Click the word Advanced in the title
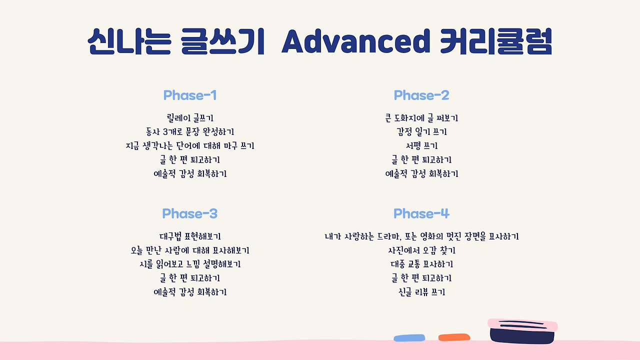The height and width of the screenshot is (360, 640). tap(356, 41)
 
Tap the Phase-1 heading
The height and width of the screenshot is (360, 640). tap(190, 95)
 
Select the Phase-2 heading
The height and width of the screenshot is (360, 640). tap(421, 95)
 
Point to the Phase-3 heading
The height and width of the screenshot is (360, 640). tap(190, 213)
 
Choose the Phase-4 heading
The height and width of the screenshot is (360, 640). tap(421, 213)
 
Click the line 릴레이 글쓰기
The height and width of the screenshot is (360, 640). tap(190, 117)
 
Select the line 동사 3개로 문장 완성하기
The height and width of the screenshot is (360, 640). tap(190, 131)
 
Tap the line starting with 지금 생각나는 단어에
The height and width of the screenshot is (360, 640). tap(190, 145)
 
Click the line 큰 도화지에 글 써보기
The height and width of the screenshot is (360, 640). tap(421, 117)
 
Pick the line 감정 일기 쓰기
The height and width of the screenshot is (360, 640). tap(421, 131)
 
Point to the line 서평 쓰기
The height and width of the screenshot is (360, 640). tap(421, 145)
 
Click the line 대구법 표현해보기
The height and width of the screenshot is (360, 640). tap(190, 236)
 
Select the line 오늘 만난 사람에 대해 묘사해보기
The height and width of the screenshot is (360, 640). tap(190, 250)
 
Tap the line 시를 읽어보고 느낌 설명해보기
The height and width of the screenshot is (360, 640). tap(190, 264)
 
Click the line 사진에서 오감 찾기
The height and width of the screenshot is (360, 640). tap(421, 250)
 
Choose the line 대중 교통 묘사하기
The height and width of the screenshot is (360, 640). tap(421, 264)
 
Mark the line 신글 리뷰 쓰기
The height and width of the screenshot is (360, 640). tap(421, 292)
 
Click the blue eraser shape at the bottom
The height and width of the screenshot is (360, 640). tap(409, 338)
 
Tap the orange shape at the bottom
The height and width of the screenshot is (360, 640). tap(454, 337)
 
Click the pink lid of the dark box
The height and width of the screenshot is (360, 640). tap(522, 325)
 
